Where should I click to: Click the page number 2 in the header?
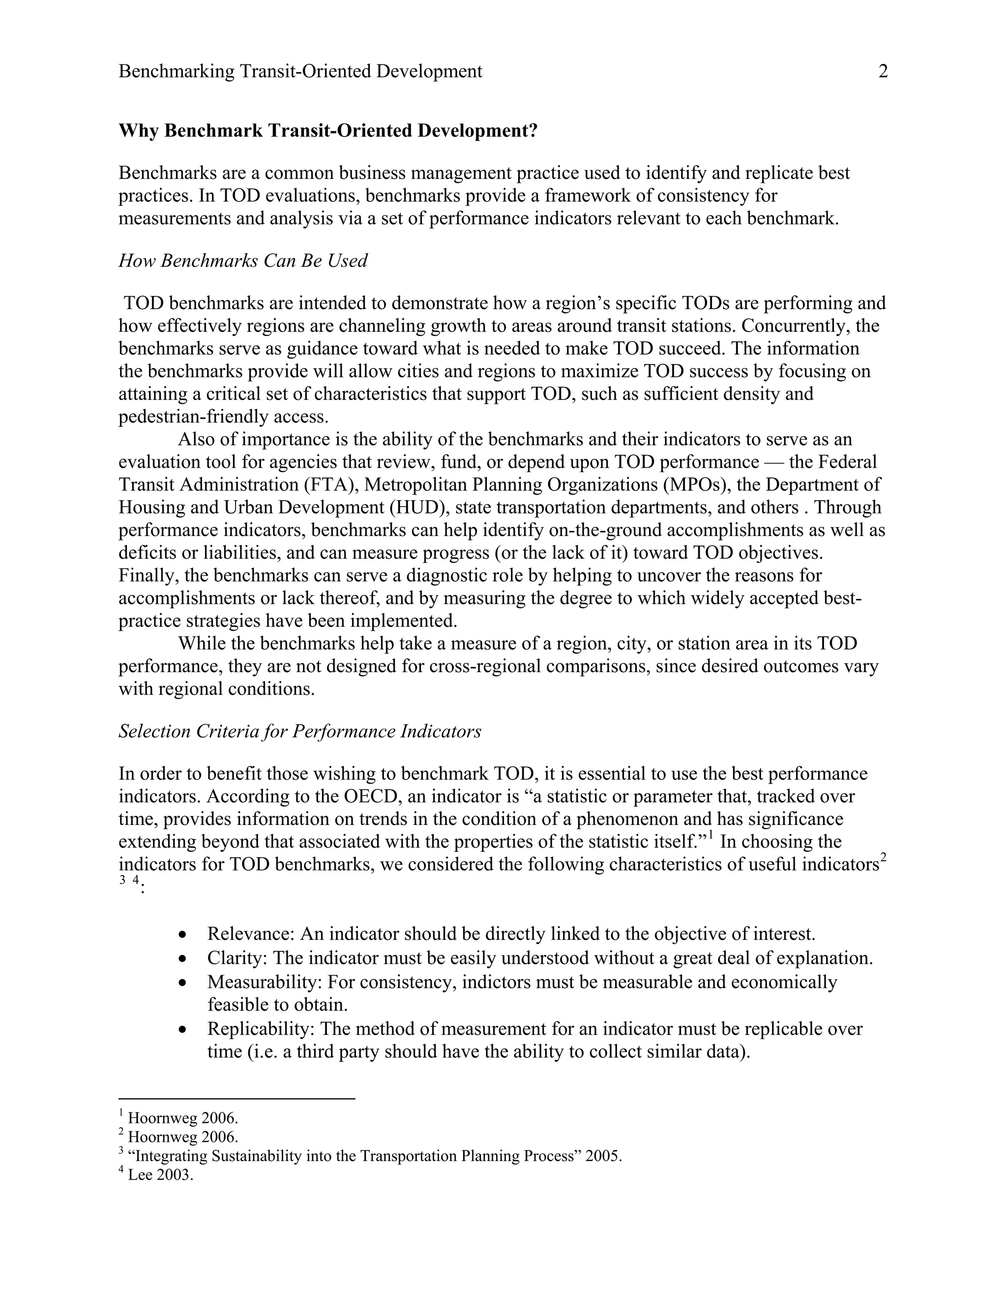click(x=883, y=72)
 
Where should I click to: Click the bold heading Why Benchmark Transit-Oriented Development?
click(x=328, y=131)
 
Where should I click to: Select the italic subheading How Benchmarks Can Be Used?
click(x=243, y=261)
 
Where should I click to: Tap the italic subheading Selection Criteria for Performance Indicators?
click(x=299, y=732)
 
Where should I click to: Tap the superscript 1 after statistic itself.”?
click(x=711, y=836)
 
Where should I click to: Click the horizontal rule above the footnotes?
click(x=237, y=1098)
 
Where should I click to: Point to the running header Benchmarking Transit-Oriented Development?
click(x=300, y=72)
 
